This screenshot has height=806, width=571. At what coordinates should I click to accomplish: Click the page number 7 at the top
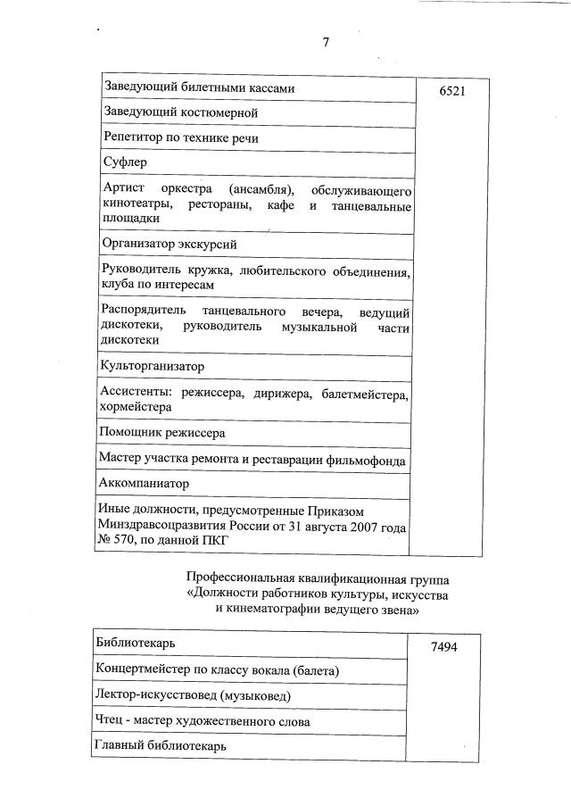[326, 42]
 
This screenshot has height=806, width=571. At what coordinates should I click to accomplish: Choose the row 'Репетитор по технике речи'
[187, 138]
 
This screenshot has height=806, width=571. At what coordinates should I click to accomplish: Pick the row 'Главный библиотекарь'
[161, 744]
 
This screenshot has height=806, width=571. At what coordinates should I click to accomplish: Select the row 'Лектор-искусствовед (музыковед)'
[193, 694]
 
